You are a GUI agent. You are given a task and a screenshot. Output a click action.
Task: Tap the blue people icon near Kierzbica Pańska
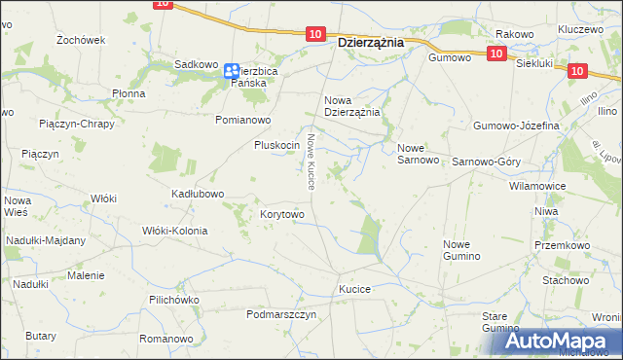click(231, 71)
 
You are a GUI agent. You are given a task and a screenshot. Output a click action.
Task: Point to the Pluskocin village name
click(275, 145)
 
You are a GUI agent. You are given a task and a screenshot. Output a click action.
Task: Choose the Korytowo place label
click(282, 214)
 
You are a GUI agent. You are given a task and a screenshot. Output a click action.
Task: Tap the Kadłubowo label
click(198, 194)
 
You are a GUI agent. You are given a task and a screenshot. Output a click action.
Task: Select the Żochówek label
click(81, 40)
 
